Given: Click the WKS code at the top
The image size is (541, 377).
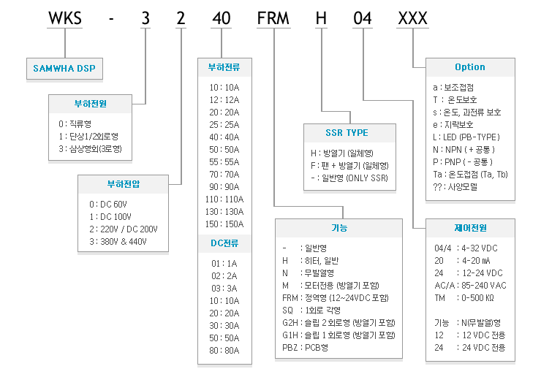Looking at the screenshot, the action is pos(65,18).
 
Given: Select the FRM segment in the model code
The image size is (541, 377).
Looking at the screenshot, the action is pos(273,18).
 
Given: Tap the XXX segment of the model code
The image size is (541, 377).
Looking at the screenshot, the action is pos(412,18).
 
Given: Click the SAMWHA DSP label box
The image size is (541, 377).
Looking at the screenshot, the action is pos(64,68).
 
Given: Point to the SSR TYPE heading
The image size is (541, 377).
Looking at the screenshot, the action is pos(347,133).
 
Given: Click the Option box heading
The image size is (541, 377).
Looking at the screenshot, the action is pos(470,67).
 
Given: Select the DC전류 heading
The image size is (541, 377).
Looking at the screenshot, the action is pos(224,243).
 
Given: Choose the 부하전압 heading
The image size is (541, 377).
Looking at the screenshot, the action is pos(123,184).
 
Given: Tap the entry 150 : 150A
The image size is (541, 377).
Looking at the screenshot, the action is pos(224,224).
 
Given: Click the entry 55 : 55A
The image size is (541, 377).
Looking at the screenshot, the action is pos(224,162).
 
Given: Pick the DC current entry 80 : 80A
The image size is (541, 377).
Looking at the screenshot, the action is pos(224,351).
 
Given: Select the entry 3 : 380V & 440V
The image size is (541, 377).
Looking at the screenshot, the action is pos(118,241).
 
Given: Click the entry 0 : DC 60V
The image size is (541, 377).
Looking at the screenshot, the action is pos(108,204).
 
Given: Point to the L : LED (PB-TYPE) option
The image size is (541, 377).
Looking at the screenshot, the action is pos(466,137).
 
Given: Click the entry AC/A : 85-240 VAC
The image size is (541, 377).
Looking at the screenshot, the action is pos(470,286).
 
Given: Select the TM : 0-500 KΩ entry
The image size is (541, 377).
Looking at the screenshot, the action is pos(464,297).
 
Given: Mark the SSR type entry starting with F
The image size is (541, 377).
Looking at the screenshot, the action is pos(349,166).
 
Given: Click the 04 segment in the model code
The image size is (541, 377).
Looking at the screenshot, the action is pos(363,18).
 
